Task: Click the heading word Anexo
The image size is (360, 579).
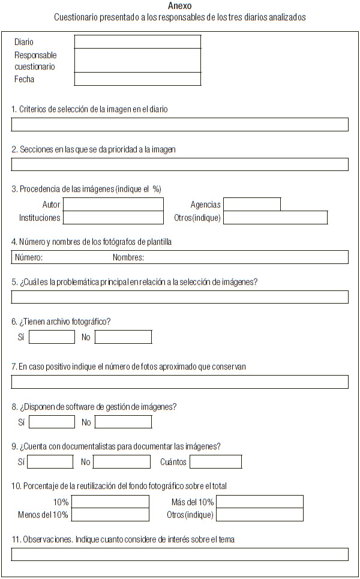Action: [x=180, y=6]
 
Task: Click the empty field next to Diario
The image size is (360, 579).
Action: [x=137, y=41]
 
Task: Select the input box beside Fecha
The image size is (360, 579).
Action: [x=137, y=79]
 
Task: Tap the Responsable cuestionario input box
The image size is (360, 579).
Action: [x=137, y=61]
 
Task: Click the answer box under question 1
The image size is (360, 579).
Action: [x=179, y=125]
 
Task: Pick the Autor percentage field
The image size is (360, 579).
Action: [x=113, y=205]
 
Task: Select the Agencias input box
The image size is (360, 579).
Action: [x=251, y=205]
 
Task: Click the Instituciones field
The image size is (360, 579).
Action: [x=113, y=217]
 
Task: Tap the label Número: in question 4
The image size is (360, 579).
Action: [x=29, y=257]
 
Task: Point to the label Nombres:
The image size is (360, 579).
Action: [x=128, y=257]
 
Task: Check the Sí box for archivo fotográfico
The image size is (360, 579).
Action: [x=52, y=337]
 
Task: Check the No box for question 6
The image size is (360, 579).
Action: [x=123, y=337]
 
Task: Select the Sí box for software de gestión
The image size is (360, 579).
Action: [x=52, y=422]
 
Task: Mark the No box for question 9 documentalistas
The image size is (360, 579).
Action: [x=122, y=462]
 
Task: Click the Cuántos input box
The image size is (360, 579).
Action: [x=215, y=462]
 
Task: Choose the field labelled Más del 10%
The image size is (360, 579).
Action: [x=259, y=502]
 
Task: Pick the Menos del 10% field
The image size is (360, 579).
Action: [x=110, y=515]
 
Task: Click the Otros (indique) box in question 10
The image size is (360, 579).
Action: [x=259, y=515]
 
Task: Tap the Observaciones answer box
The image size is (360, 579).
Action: [x=179, y=554]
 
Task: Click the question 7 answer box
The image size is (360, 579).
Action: [x=179, y=382]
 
